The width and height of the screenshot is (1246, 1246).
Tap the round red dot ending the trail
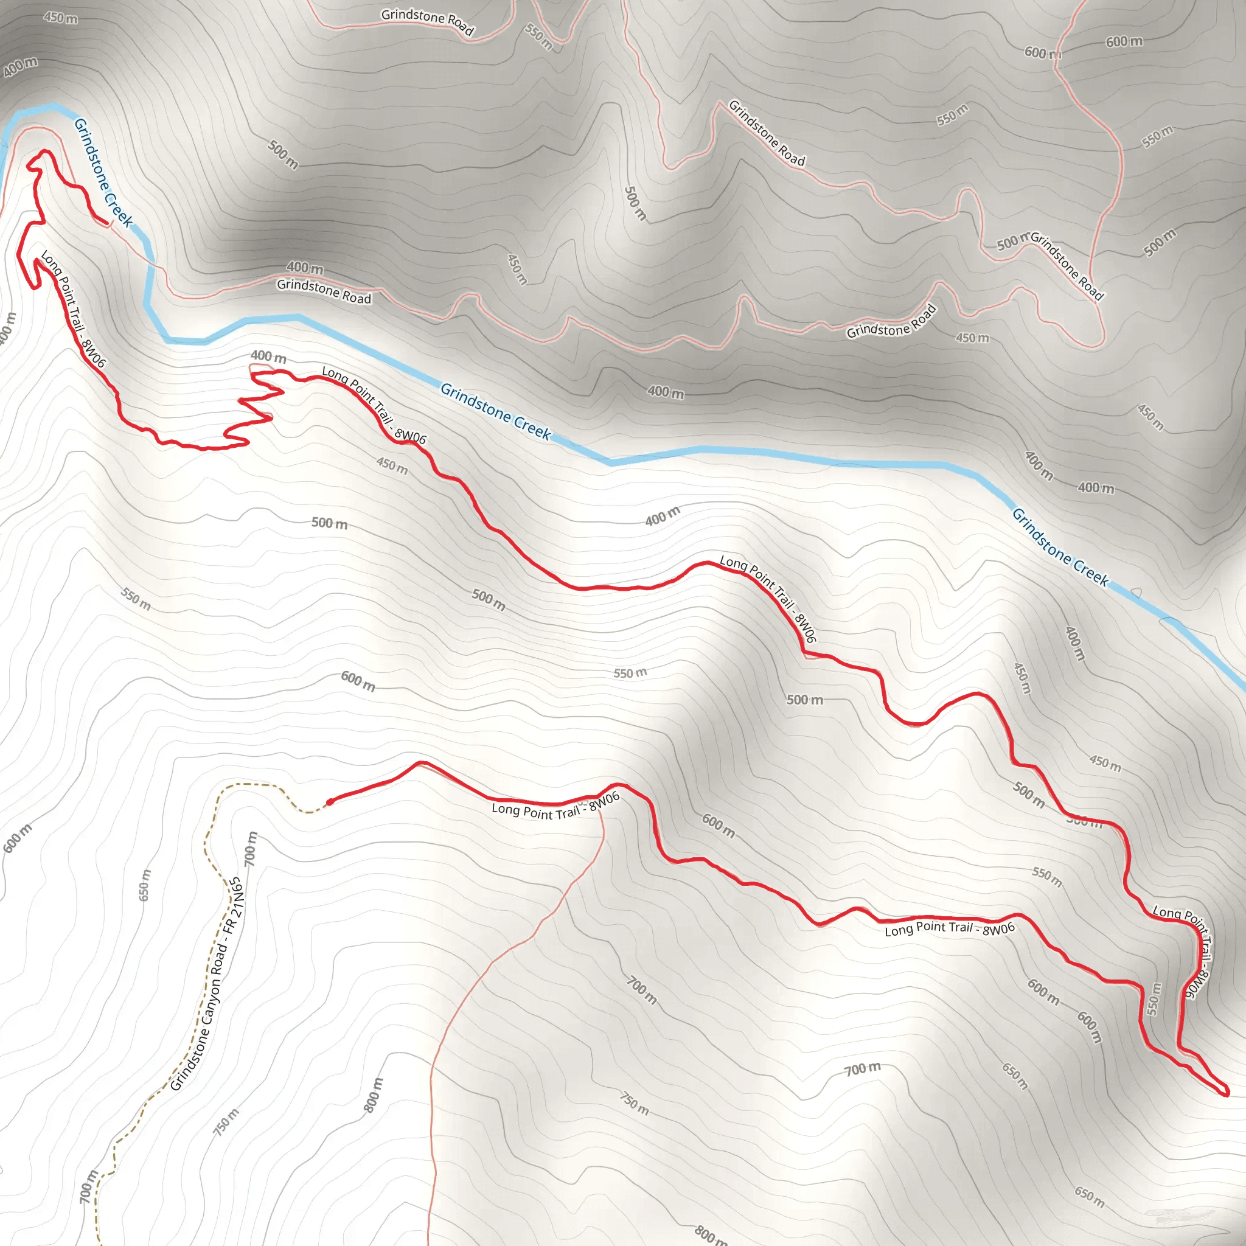330,802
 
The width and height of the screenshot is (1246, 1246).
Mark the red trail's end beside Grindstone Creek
106,223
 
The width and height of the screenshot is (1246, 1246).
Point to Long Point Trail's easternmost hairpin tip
1226,1093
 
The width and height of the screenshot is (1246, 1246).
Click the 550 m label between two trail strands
1154,999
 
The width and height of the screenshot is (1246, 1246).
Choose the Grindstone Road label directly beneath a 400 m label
324,291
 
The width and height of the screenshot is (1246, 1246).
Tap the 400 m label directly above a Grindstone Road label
305,267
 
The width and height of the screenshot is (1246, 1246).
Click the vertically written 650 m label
144,885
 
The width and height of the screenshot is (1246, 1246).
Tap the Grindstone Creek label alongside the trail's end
103,172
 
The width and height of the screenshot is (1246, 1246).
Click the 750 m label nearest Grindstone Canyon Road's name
226,1122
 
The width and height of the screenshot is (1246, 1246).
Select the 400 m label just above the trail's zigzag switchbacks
268,356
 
